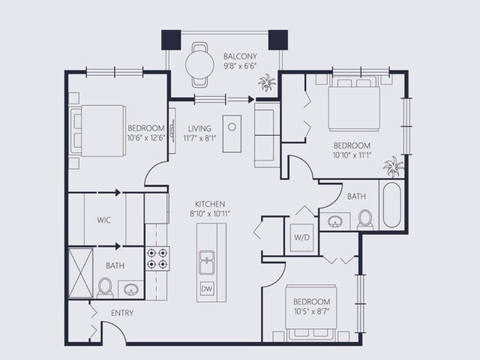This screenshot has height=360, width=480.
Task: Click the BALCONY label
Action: (240, 56)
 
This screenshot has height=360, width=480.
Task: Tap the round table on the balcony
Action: (199, 64)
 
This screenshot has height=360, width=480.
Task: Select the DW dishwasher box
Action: (207, 289)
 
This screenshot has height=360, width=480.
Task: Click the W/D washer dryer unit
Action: (301, 238)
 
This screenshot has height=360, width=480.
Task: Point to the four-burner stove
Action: (157, 258)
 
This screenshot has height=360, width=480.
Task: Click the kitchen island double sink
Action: (207, 262)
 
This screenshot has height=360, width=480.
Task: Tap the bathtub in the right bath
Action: (391, 205)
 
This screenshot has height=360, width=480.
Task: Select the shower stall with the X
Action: (80, 273)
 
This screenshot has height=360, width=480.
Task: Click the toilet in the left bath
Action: (105, 288)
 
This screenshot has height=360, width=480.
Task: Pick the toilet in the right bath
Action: (365, 220)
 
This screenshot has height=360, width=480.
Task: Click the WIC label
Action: (103, 220)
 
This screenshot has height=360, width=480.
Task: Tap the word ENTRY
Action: (122, 313)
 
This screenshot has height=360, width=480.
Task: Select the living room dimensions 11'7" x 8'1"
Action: (199, 138)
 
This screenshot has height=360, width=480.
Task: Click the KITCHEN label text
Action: (210, 204)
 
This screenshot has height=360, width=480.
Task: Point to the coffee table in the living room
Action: (232, 133)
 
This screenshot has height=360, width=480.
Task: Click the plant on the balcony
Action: (267, 82)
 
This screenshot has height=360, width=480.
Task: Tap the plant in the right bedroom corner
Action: (393, 166)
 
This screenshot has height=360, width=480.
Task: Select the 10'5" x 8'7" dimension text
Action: (312, 312)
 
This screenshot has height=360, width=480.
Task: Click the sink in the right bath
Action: (334, 221)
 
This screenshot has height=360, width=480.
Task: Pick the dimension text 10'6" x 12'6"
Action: (146, 138)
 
